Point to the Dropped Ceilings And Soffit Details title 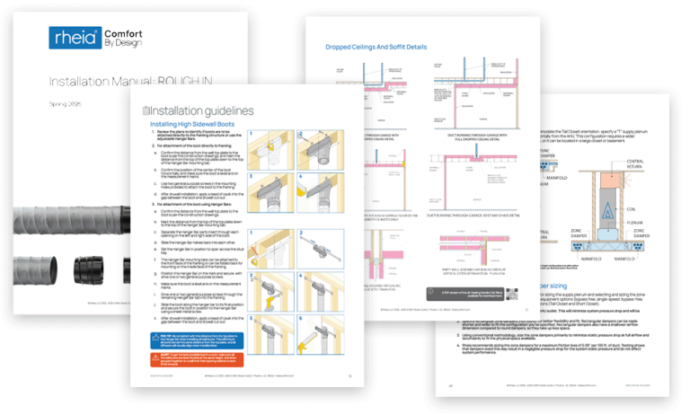376,45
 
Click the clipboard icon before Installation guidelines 145,111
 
